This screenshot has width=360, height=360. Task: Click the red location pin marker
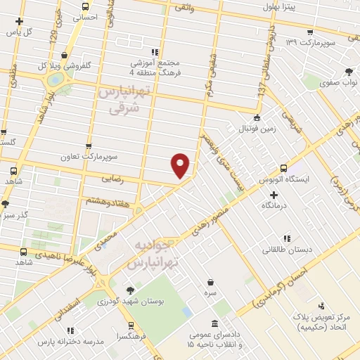pyautogui.click(x=181, y=165)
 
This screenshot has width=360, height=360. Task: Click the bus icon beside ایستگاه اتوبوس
pyautogui.click(x=284, y=168)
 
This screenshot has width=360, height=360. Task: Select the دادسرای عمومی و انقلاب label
pyautogui.click(x=215, y=341)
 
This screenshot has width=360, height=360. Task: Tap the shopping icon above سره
pyautogui.click(x=210, y=281)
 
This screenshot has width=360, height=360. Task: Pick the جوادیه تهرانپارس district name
pyautogui.click(x=158, y=254)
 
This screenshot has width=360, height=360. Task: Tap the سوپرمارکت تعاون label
pyautogui.click(x=111, y=153)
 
